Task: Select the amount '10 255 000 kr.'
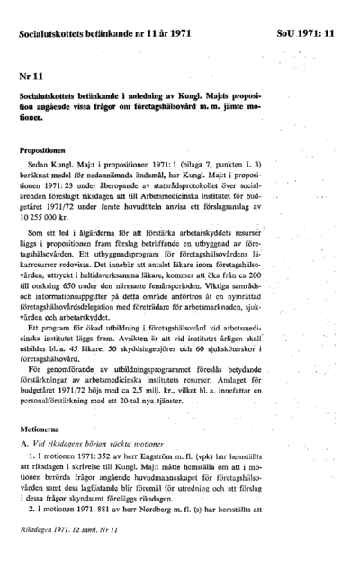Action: tap(45, 218)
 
